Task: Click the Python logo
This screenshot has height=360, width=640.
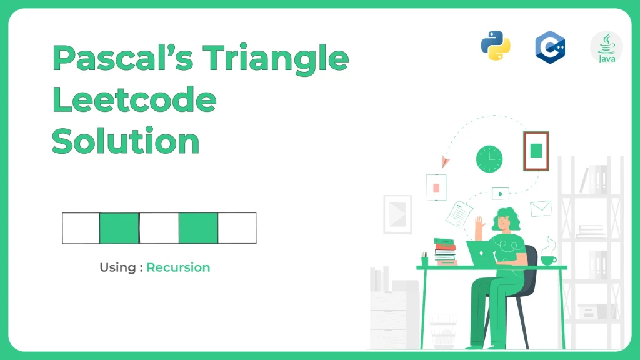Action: coord(496,46)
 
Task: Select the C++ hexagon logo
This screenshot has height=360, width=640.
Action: coord(550,47)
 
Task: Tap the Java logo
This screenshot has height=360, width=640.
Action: coord(606,47)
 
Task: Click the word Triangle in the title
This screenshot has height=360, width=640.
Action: coord(276,59)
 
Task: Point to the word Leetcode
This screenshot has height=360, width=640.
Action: coord(134,99)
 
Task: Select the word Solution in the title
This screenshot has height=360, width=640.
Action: coord(126,141)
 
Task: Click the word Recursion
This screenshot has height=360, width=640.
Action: coord(178,267)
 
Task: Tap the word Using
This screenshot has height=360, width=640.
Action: coord(117,267)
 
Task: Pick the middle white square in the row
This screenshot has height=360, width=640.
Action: coord(159,228)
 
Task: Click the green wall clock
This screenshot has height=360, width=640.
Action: coord(489,159)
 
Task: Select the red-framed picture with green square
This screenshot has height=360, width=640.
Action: coord(536,151)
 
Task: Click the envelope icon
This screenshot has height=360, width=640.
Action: coord(541,209)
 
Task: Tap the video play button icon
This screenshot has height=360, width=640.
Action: coord(501,194)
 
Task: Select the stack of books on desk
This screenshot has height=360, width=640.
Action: coord(445,252)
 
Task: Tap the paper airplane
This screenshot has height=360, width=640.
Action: coord(445,162)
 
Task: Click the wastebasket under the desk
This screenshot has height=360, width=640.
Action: coord(443,331)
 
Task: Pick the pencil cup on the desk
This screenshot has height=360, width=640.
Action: coord(424,259)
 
